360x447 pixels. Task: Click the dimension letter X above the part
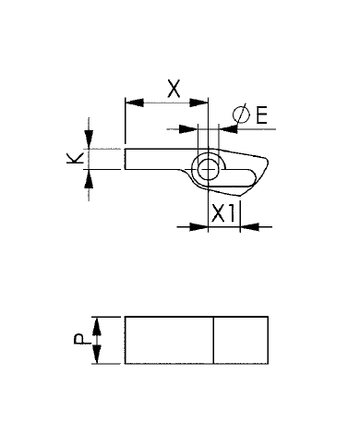173,90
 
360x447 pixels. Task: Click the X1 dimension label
222,214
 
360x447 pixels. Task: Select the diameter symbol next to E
240,115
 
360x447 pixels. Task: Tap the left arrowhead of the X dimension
130,102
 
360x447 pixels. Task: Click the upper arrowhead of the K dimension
90,140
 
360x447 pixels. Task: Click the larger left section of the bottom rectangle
169,340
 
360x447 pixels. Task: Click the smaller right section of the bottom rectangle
240,340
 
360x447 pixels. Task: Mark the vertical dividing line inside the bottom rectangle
214,340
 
